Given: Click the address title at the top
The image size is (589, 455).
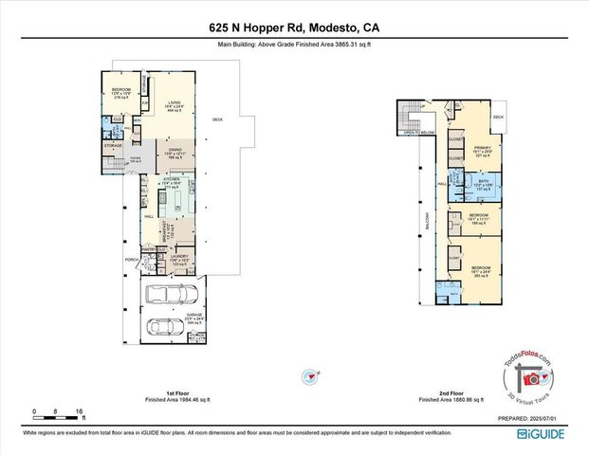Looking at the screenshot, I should coord(294,29).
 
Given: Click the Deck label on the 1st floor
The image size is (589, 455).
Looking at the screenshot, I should coord(216,118).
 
